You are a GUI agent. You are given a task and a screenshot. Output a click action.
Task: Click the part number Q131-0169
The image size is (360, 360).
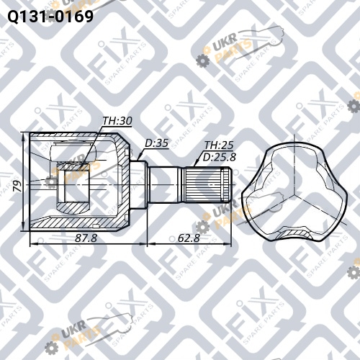pos(50,17)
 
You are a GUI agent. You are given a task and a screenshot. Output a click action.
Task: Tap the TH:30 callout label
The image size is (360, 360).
pos(117,121)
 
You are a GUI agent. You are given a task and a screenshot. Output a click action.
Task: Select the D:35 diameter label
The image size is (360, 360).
pos(156,143)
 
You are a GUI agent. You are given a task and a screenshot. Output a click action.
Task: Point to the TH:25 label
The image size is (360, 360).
pos(219,145)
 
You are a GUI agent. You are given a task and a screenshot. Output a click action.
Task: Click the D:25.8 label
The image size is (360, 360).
pos(220,157)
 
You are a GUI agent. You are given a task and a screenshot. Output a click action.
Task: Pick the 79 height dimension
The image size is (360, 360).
pos(17,186)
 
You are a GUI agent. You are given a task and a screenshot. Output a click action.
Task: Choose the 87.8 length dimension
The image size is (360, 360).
pos(86,238)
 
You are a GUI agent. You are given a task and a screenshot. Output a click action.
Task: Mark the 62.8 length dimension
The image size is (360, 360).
pos(189,238)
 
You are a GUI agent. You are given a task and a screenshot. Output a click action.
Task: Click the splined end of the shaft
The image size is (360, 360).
pos(207,185)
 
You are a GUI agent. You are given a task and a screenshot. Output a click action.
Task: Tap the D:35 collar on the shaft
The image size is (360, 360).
pos(138,185)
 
